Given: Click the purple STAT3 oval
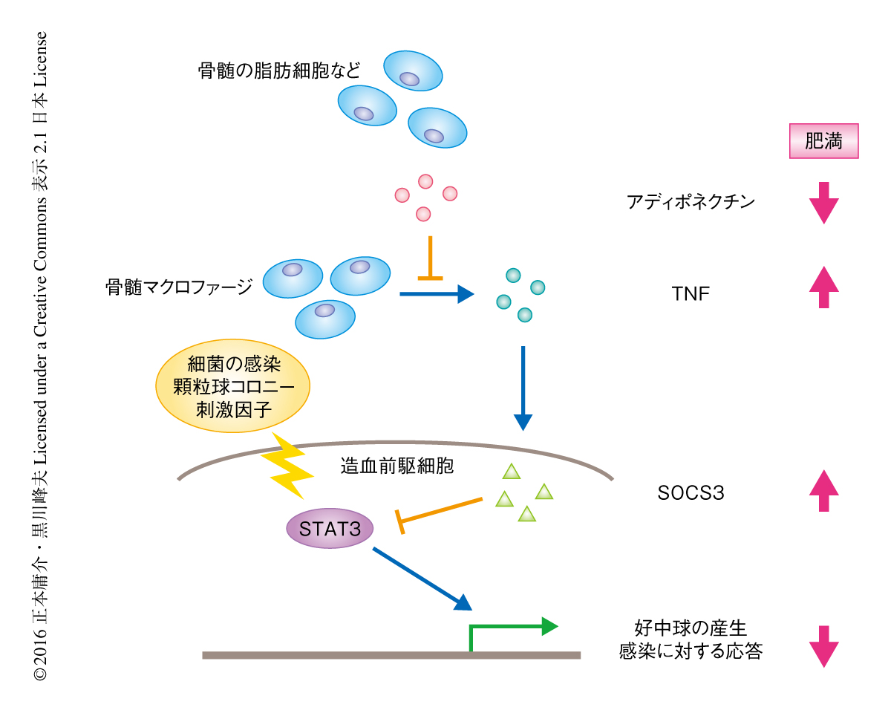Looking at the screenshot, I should (329, 530).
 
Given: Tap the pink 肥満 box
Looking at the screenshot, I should (823, 141).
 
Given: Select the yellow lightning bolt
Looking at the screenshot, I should (287, 466).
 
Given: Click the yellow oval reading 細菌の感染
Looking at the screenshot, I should (232, 387).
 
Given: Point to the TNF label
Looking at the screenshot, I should (690, 293).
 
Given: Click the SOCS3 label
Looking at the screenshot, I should (690, 492).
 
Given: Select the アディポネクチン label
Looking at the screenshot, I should (691, 201).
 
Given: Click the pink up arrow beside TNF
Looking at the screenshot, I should (823, 287).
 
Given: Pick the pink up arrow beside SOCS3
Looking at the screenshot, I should (823, 491).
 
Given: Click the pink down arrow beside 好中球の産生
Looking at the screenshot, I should (823, 645).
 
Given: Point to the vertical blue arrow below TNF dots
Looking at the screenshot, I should (523, 387).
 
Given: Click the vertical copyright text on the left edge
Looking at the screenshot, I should (41, 356).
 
